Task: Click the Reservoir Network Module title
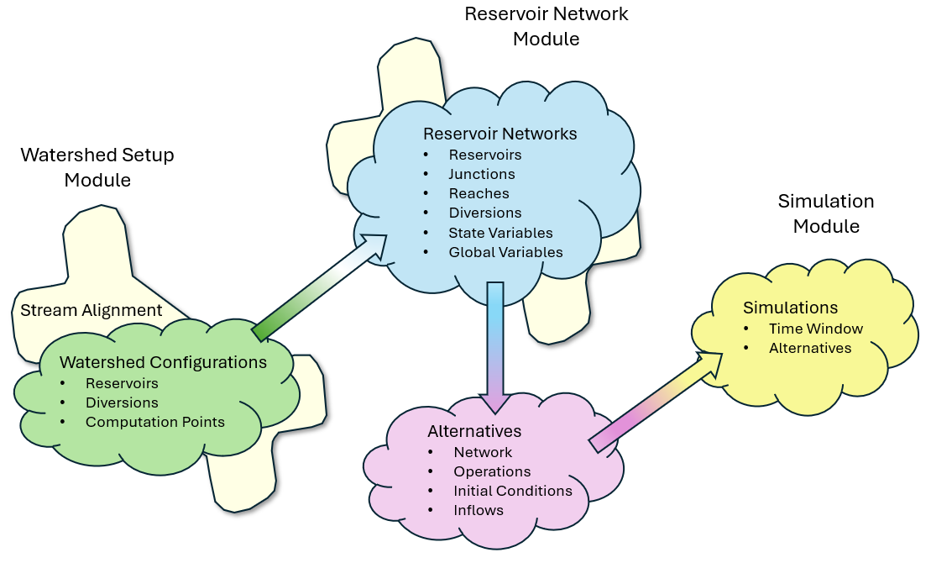[x=547, y=26]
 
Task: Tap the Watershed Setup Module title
[x=97, y=167]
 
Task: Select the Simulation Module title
[x=826, y=213]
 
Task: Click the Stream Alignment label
[x=92, y=310]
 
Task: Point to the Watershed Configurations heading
[x=163, y=362]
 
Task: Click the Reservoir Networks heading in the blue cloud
[x=499, y=134]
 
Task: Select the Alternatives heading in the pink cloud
[x=474, y=431]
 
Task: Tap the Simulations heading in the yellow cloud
[x=791, y=308]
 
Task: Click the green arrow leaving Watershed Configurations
[x=319, y=288]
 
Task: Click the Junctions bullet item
[x=481, y=174]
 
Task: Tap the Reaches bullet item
[x=479, y=193]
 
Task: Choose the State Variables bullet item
[x=500, y=233]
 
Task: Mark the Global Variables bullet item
[x=505, y=252]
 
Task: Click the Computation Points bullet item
[x=154, y=422]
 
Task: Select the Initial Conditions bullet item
[x=512, y=491]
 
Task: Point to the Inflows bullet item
[x=479, y=510]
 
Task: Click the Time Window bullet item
[x=815, y=329]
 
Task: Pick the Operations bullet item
[x=492, y=471]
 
